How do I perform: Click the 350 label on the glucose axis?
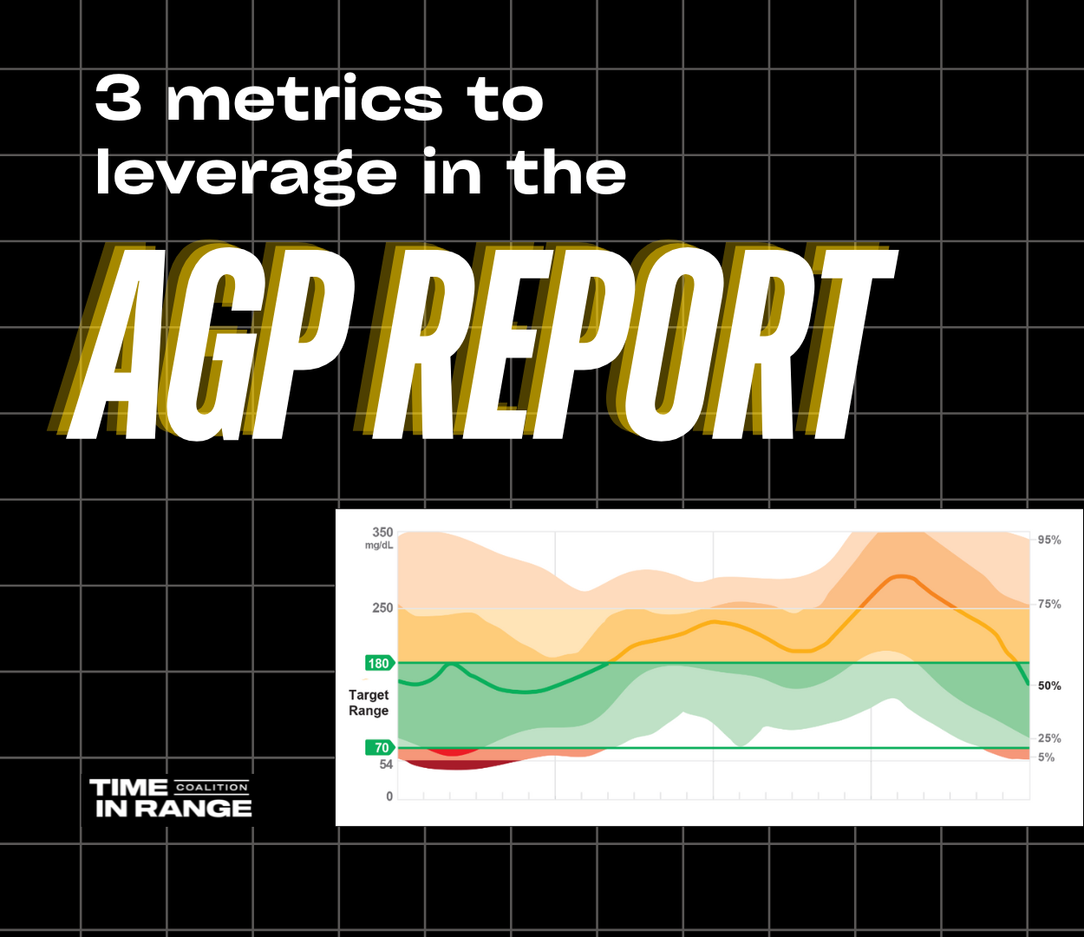(x=382, y=533)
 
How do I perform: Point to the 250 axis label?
(x=382, y=608)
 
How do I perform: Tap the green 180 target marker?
(x=380, y=664)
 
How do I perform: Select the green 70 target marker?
(x=380, y=748)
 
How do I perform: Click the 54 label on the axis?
(x=386, y=764)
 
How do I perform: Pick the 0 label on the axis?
(x=389, y=796)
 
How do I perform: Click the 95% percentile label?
(x=1048, y=540)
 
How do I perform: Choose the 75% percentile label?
(x=1048, y=605)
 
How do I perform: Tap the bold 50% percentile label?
(x=1048, y=685)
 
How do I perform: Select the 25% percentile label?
(x=1048, y=738)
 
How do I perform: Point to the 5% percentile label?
(x=1046, y=757)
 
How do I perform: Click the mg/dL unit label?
(x=379, y=546)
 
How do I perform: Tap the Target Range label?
(x=369, y=703)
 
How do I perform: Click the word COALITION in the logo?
(x=212, y=787)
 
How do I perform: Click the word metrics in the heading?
(x=304, y=99)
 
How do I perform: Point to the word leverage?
(x=245, y=174)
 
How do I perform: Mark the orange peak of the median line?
(x=901, y=576)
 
